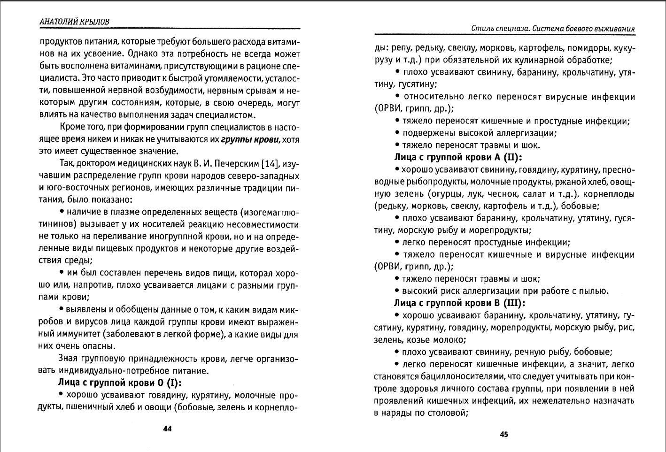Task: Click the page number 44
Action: coord(167,429)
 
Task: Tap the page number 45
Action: coord(503,434)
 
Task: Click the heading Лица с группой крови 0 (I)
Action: coord(119,383)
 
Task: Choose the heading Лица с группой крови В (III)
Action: coord(459,303)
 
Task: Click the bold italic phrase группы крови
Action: coord(250,139)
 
